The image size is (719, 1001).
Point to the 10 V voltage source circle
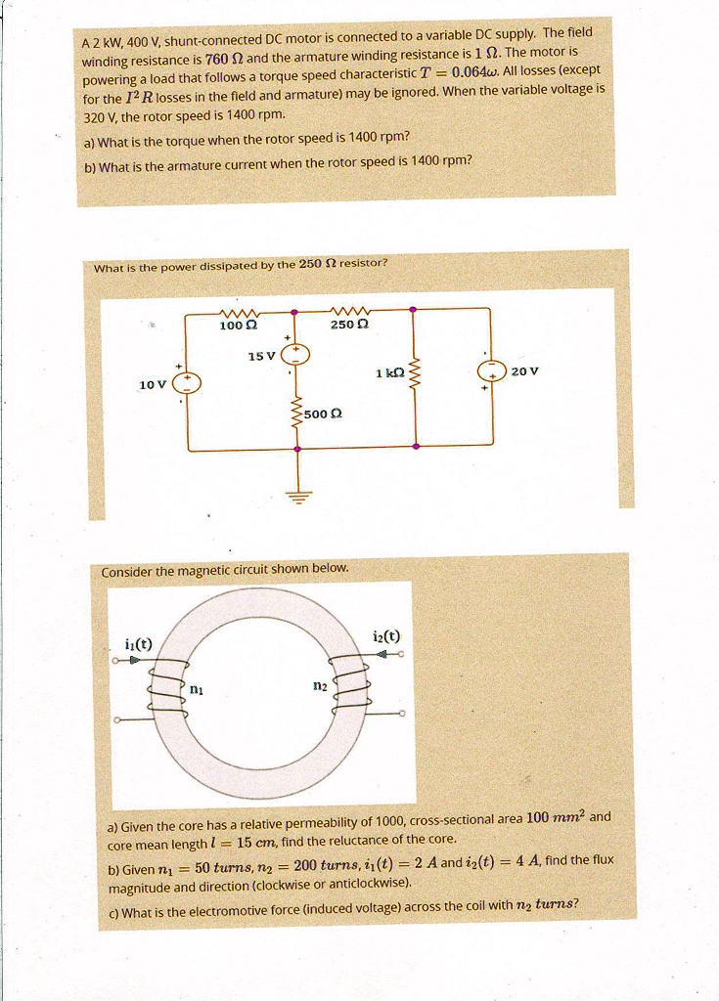coord(187,382)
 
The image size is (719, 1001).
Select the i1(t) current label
coord(139,642)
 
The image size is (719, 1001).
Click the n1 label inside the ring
coord(196,688)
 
